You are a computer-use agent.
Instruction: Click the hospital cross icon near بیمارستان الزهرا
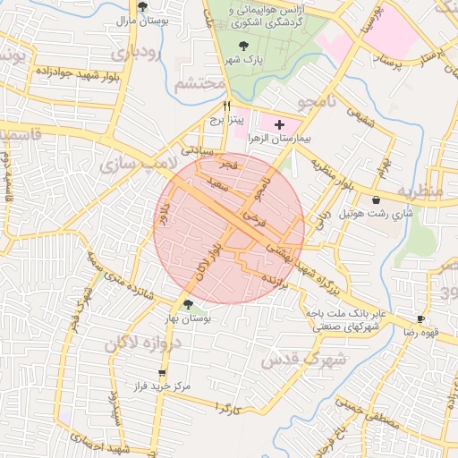point(279,123)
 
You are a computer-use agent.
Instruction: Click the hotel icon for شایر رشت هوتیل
point(377,199)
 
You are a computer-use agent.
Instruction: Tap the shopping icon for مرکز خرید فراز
point(161,373)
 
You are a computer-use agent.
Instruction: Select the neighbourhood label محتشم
point(198,84)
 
